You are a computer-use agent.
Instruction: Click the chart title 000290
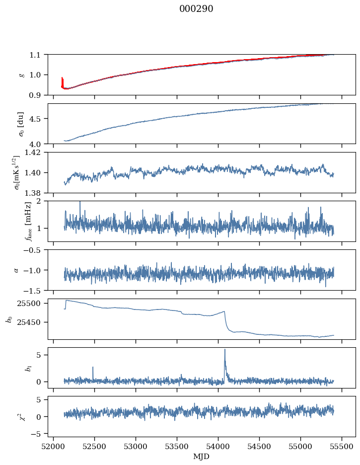[x=196, y=9]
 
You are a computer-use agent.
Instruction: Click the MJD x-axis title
[x=202, y=457]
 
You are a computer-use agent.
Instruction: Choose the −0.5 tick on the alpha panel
[x=34, y=250]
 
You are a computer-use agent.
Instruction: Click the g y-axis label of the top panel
[x=21, y=75]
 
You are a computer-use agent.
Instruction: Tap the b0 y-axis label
[x=9, y=319]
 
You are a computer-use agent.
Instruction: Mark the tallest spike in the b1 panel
[x=225, y=350]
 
